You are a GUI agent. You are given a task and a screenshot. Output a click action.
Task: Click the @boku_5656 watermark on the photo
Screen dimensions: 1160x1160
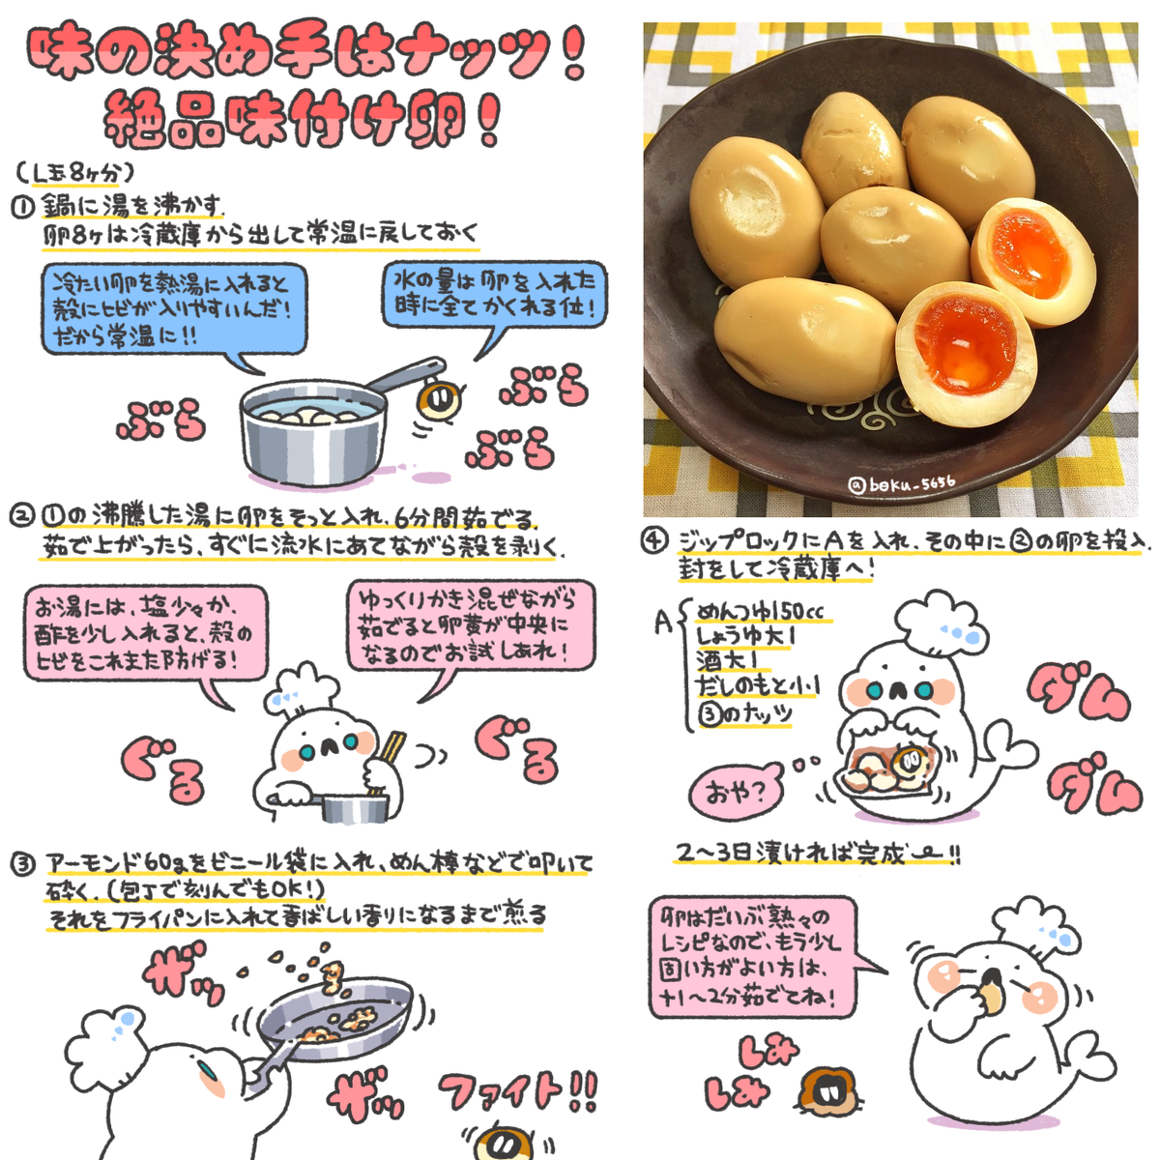[900, 483]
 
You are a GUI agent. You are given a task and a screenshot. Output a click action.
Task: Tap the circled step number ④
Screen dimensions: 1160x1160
[654, 541]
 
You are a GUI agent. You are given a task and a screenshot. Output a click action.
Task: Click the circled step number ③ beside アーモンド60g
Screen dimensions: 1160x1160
[23, 862]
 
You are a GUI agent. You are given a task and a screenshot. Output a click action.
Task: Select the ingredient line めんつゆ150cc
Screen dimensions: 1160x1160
[761, 611]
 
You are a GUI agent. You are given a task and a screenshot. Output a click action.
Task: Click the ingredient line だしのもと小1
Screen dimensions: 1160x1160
[757, 686]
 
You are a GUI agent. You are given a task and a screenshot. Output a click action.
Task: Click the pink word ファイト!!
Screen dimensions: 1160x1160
[518, 1091]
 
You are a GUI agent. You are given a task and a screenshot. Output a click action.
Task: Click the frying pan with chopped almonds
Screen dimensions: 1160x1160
[338, 1015]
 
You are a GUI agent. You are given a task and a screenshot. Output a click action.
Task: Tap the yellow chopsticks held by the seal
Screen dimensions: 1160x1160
[392, 750]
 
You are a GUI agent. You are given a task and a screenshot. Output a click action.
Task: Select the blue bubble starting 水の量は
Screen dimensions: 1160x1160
[494, 295]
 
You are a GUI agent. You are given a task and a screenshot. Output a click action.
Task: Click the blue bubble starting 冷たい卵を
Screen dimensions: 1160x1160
[174, 309]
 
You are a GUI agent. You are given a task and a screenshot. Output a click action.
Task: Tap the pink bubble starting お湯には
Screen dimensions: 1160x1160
[145, 633]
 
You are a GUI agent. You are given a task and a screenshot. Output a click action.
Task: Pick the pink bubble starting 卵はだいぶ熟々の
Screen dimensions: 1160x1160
[751, 956]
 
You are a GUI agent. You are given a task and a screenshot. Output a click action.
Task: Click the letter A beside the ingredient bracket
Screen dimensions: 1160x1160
[662, 622]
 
